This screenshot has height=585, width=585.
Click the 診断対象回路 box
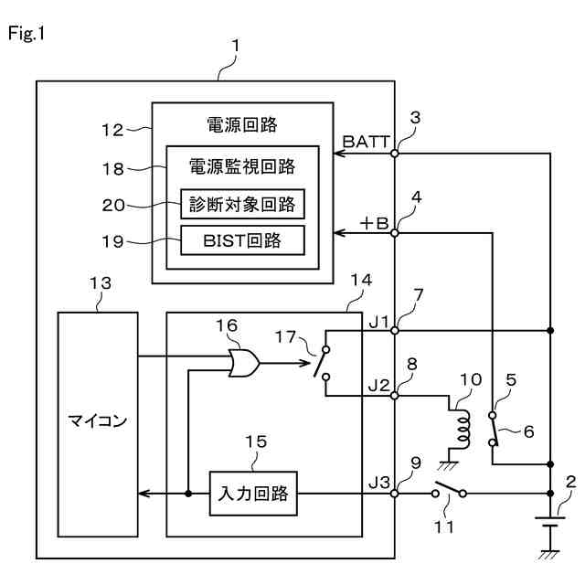click(242, 204)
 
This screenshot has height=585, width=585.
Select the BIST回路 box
click(242, 241)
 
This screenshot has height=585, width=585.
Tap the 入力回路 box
click(254, 494)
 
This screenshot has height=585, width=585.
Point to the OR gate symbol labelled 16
click(244, 364)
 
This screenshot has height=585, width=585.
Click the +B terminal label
click(375, 222)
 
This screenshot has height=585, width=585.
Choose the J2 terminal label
click(379, 385)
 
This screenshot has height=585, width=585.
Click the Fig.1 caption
click(27, 34)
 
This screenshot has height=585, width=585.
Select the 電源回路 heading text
click(242, 123)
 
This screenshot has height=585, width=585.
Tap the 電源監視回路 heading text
click(242, 167)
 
